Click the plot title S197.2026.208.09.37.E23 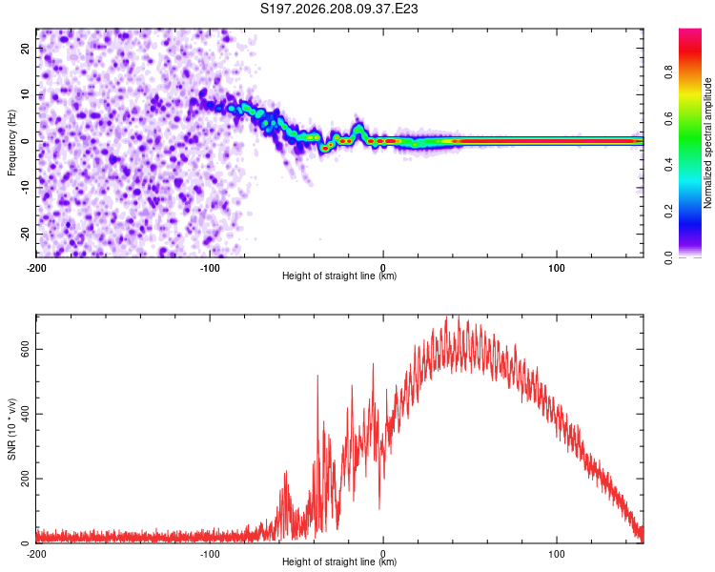click(338, 9)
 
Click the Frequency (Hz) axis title click(11, 142)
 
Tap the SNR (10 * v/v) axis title click(11, 429)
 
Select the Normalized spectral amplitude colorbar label click(707, 143)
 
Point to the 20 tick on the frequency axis click(26, 48)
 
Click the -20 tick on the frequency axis click(26, 234)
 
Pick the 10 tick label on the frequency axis click(26, 94)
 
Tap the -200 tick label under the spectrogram click(36, 268)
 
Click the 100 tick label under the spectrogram click(557, 268)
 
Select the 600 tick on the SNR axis click(26, 350)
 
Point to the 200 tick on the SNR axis click(26, 479)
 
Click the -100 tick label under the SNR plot click(210, 554)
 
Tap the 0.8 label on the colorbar click(668, 72)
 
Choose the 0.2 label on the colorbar click(668, 212)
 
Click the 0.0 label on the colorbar click(668, 257)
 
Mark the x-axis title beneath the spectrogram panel click(339, 276)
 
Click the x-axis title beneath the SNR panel click(339, 562)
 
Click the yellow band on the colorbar click(690, 94)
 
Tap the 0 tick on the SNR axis click(26, 543)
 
